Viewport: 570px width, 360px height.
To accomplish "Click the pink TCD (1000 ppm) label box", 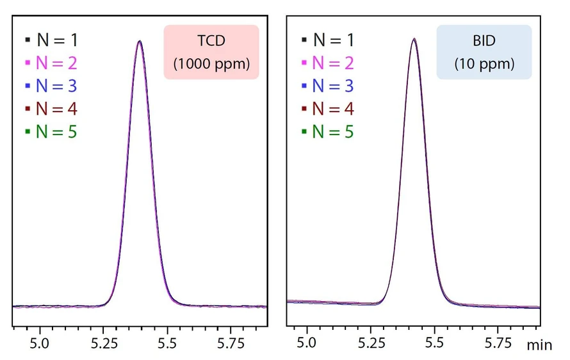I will (x=211, y=52).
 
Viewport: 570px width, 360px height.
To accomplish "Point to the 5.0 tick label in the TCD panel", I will (x=40, y=344).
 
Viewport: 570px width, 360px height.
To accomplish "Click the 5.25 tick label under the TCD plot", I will (x=103, y=344).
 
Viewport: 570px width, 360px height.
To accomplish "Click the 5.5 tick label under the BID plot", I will (x=434, y=344).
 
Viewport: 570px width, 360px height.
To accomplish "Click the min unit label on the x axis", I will (x=539, y=345).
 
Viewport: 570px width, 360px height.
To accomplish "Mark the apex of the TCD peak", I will (x=139, y=42).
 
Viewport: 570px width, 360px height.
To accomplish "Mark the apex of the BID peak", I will (x=414, y=39).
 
